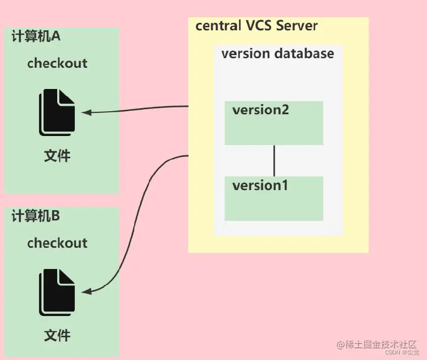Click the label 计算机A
tap(36, 36)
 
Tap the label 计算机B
tap(36, 216)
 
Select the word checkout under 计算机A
tap(57, 63)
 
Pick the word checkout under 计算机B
tap(57, 243)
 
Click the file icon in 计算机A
tap(57, 112)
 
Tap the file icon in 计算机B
tap(57, 292)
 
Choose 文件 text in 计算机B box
tap(57, 335)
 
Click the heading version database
tap(278, 54)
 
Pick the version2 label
tap(261, 110)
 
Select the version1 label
tap(260, 186)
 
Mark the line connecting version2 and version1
tap(274, 161)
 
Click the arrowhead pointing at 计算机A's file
tap(87, 112)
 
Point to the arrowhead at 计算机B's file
tap(87, 292)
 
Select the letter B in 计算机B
tap(56, 216)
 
